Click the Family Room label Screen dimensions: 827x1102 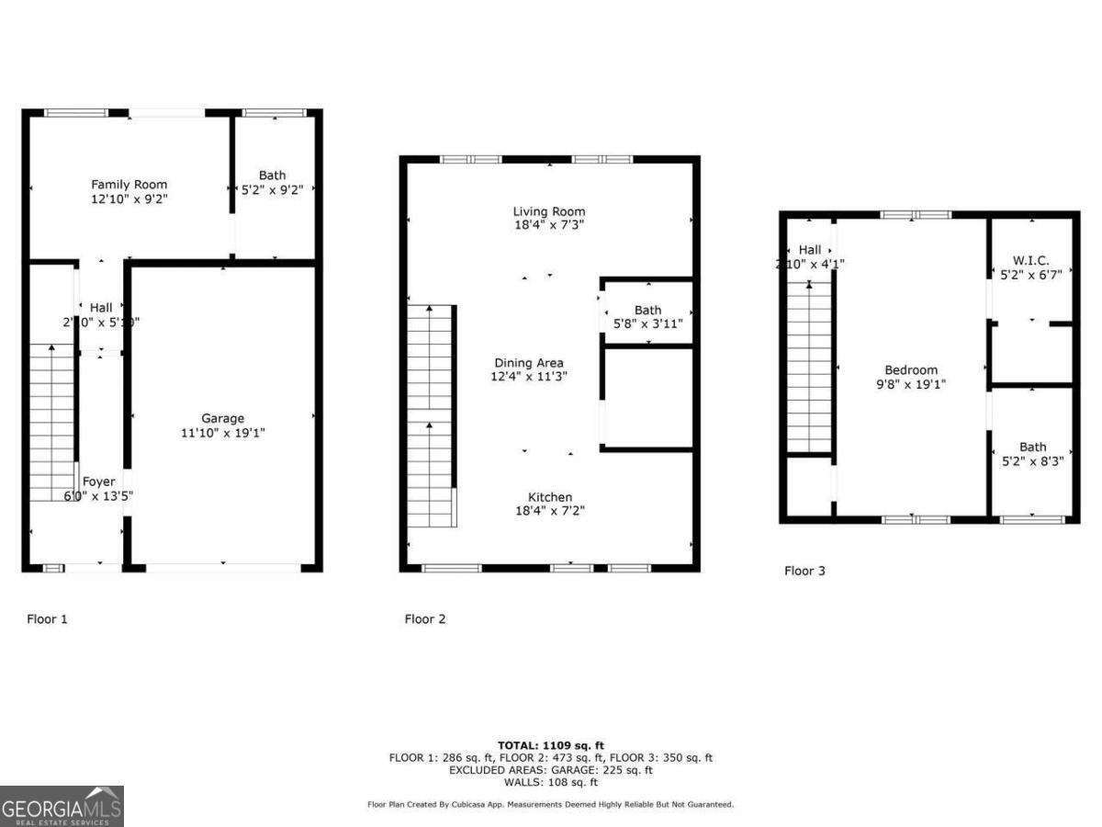[x=129, y=185]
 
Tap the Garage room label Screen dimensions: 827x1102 [x=222, y=418]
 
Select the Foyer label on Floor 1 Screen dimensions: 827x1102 [x=98, y=481]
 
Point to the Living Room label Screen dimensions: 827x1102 [x=548, y=211]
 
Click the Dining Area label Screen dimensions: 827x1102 [x=528, y=363]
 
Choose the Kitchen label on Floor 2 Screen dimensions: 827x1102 [x=549, y=497]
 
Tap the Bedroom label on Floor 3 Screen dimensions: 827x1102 [x=910, y=370]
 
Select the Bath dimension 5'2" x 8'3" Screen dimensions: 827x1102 [x=1032, y=462]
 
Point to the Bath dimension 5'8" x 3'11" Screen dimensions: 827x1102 [x=647, y=323]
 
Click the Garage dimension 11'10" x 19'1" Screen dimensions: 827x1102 [x=222, y=432]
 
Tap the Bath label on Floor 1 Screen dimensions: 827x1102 [x=272, y=176]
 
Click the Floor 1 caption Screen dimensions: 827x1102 [x=47, y=619]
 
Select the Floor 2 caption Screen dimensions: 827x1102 [x=425, y=619]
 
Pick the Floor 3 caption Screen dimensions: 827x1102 [x=804, y=571]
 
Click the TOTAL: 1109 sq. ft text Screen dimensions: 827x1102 [x=551, y=745]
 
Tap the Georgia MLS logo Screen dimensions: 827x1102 [x=62, y=806]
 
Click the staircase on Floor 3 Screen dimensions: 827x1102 [x=809, y=368]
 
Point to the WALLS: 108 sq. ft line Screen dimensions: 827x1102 [x=551, y=783]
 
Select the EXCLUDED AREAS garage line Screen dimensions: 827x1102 [x=551, y=771]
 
